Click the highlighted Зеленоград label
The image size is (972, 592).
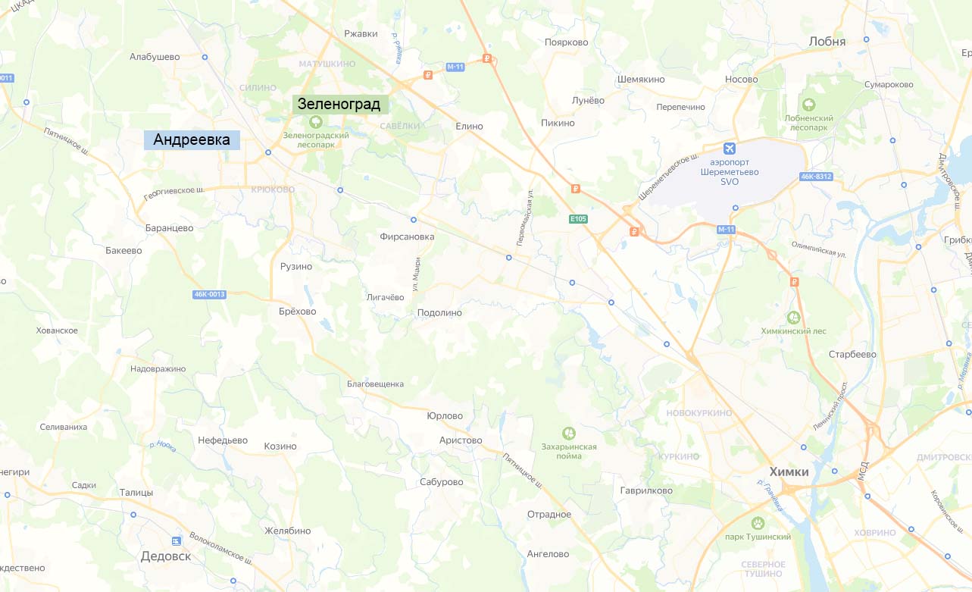(x=340, y=104)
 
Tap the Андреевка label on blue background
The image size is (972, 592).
(x=192, y=139)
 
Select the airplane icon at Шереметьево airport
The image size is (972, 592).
(x=730, y=147)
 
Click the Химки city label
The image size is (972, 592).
(x=789, y=471)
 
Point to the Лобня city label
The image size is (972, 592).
(x=827, y=42)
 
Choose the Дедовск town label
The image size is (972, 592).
(x=166, y=556)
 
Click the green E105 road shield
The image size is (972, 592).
(x=578, y=219)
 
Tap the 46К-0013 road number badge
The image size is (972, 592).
(x=209, y=294)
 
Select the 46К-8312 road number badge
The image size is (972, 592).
(x=816, y=177)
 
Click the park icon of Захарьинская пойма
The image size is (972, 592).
(x=569, y=433)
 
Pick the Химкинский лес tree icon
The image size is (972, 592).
(x=794, y=318)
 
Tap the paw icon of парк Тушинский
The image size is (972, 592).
(x=757, y=523)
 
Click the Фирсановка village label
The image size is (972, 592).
(x=408, y=236)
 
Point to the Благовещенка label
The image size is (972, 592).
(x=375, y=384)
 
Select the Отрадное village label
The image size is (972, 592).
(x=549, y=515)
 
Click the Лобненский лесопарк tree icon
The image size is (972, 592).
(x=809, y=105)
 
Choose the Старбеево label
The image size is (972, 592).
(x=852, y=354)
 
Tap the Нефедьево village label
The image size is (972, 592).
(x=223, y=440)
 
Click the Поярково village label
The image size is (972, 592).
(x=566, y=42)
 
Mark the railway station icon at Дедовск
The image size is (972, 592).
(x=177, y=540)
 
